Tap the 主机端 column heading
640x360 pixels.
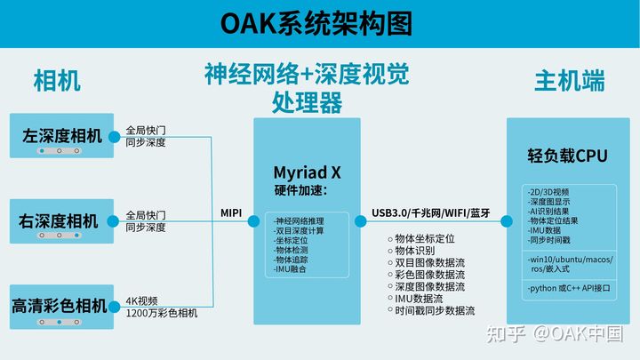pyautogui.click(x=569, y=81)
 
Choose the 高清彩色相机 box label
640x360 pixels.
pyautogui.click(x=60, y=306)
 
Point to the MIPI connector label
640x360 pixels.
pyautogui.click(x=232, y=212)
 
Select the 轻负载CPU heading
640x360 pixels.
pyautogui.click(x=567, y=156)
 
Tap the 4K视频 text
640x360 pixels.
pyautogui.click(x=142, y=300)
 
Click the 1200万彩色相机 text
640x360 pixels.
pyautogui.click(x=162, y=313)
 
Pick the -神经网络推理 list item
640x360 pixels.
pyautogui.click(x=300, y=220)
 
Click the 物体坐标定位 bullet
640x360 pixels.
pyautogui.click(x=425, y=239)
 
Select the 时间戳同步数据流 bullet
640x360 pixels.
pyautogui.click(x=436, y=311)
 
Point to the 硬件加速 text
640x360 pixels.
pyautogui.click(x=300, y=190)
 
